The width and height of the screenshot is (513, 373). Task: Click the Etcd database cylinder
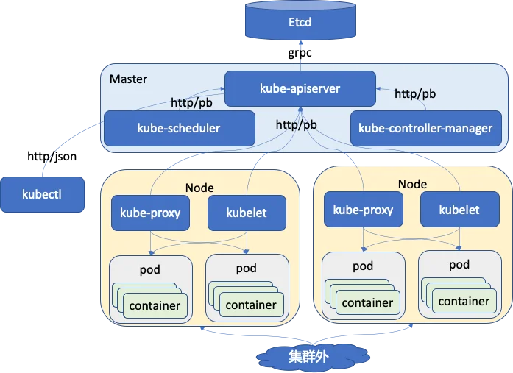300,21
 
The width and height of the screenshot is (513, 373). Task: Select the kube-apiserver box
300,88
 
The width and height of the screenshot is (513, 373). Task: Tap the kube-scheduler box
180,128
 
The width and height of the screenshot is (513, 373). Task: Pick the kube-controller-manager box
426,128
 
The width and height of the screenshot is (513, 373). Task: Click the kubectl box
42,194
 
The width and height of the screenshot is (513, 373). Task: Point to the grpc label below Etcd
300,53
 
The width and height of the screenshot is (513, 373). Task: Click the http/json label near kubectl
52,156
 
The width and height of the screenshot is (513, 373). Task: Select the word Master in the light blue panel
128,79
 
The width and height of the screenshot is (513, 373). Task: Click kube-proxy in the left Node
150,213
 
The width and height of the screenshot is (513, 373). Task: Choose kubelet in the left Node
247,213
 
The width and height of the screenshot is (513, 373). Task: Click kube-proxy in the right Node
363,209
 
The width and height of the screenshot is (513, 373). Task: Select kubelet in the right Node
460,209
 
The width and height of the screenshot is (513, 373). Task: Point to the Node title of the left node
199,188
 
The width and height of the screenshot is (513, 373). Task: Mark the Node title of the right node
412,185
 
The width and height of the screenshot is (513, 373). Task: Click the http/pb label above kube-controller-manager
415,94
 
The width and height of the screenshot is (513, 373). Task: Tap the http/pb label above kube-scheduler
191,103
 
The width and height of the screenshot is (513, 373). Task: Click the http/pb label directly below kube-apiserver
296,125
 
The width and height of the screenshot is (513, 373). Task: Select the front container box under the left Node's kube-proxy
155,306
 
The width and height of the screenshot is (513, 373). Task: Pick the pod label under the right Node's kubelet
459,265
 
